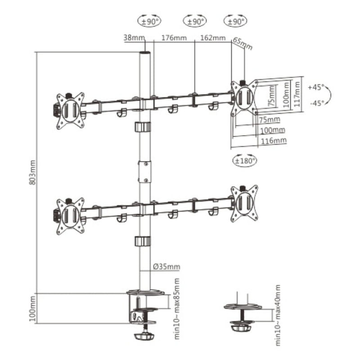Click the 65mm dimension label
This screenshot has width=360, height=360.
point(243,43)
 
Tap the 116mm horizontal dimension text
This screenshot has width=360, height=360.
point(273,140)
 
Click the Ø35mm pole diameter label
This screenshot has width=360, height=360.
point(166,267)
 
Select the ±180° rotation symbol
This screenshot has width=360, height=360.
point(244,160)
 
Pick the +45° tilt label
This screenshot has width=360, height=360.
point(317,87)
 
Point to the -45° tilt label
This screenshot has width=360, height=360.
point(317,103)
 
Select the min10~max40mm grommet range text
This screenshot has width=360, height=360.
point(278,315)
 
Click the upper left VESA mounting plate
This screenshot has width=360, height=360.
point(70,110)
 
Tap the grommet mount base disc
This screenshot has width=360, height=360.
point(243,307)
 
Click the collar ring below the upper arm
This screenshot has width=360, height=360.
point(142,126)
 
